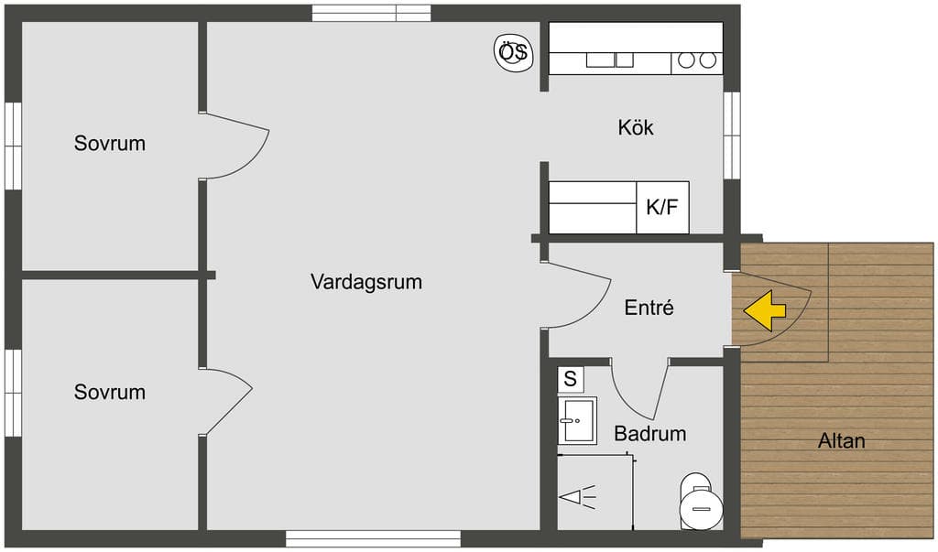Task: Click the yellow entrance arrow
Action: pos(765,310)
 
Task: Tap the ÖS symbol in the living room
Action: pos(513,52)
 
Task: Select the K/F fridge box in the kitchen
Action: pos(662,208)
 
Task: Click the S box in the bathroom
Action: pos(570,379)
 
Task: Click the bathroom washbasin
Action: pos(577,420)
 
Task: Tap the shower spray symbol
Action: pos(578,496)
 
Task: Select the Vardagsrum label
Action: pos(366,282)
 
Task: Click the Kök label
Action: pos(636,127)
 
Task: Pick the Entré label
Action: pos(649,308)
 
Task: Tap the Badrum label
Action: pos(650,433)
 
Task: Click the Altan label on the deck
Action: pos(841,440)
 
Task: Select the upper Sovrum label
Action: pos(110,143)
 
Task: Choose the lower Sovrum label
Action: pos(110,392)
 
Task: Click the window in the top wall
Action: pos(372,13)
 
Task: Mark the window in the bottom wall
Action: pos(374,538)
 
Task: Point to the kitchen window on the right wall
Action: pos(732,135)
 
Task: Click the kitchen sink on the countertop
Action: pos(609,60)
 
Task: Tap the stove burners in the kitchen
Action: pos(697,60)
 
